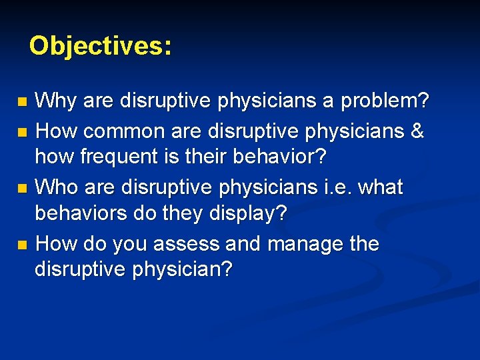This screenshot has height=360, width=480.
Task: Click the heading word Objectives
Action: pyautogui.click(x=100, y=46)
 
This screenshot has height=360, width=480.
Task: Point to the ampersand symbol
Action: pyautogui.click(x=417, y=131)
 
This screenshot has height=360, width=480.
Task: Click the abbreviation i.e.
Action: pyautogui.click(x=337, y=188)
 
